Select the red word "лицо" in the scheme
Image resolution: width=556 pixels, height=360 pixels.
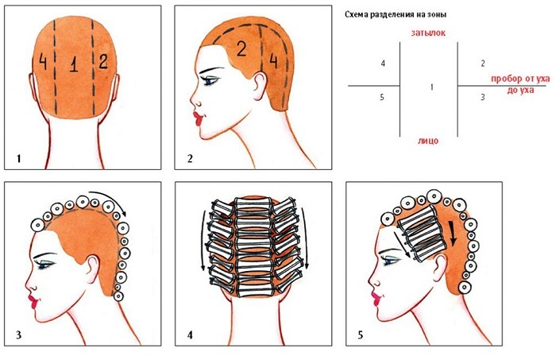click(427, 141)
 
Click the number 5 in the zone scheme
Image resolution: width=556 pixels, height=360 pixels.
click(383, 97)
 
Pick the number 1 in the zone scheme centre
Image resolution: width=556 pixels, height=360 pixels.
click(431, 86)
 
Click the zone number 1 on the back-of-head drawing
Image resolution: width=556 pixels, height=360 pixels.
click(73, 68)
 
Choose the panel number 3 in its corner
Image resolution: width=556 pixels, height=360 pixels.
click(17, 336)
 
